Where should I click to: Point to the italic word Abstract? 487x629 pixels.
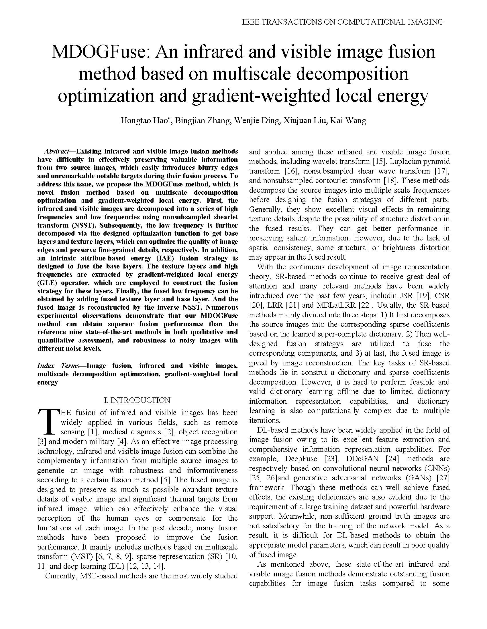pyautogui.click(x=56, y=152)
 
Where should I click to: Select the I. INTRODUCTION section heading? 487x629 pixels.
pyautogui.click(x=137, y=400)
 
